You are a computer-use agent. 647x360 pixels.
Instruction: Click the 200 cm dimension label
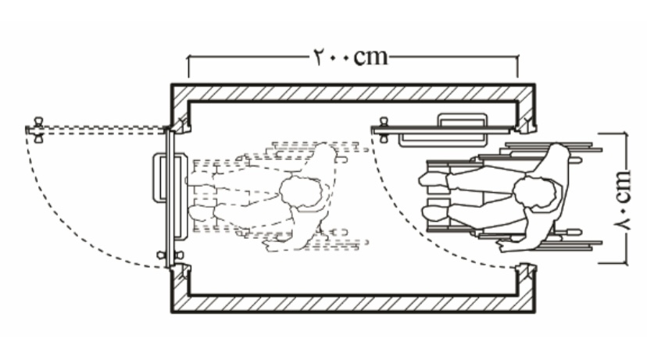tap(351, 57)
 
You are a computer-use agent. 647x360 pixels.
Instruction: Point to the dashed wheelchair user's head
tap(301, 194)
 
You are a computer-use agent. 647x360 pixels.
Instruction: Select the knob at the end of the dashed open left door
tap(38, 130)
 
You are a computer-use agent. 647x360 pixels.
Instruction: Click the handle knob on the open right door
tap(384, 130)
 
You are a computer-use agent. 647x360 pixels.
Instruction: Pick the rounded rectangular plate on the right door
tap(443, 130)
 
